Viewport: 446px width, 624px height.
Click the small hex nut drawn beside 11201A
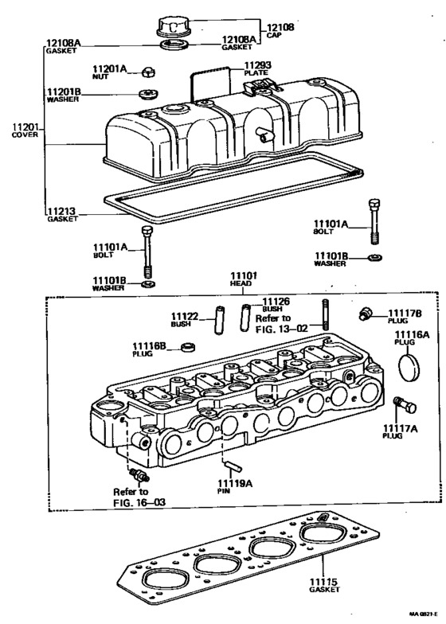(x=148, y=73)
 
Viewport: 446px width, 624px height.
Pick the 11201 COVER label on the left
(x=25, y=131)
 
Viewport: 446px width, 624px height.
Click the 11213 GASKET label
(x=62, y=216)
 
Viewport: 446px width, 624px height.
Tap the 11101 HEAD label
(x=245, y=278)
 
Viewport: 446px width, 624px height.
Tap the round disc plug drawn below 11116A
(x=412, y=369)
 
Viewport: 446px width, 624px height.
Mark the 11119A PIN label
(x=234, y=487)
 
